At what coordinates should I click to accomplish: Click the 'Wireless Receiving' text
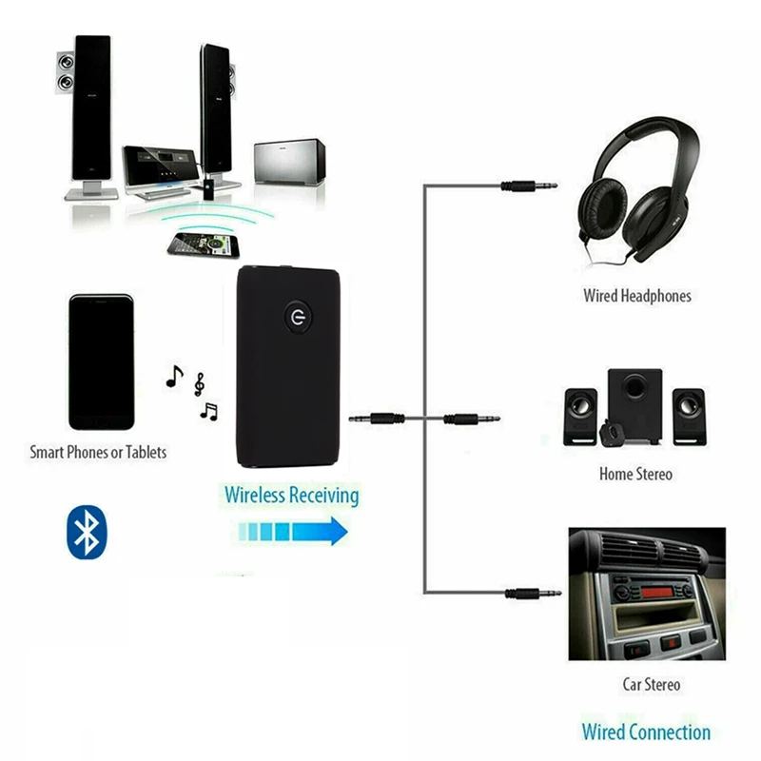(x=292, y=496)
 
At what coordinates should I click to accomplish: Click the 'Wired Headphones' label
(x=637, y=296)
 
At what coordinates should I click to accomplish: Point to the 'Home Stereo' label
(x=635, y=474)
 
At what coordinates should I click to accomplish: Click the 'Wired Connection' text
(x=646, y=732)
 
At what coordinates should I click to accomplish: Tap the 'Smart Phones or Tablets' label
(x=98, y=453)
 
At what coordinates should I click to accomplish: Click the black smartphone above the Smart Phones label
(x=101, y=362)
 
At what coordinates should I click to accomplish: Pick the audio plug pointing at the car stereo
(x=534, y=594)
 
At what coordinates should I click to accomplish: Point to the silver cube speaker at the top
(x=289, y=163)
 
